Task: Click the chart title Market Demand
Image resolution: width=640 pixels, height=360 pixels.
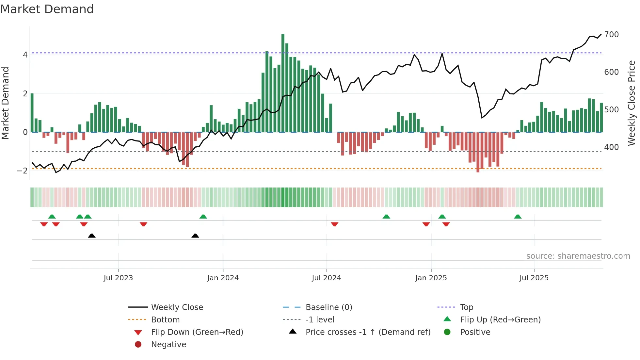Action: (47, 9)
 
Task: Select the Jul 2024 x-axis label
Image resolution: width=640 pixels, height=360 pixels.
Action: (326, 278)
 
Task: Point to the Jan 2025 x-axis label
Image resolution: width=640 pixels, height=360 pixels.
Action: (431, 278)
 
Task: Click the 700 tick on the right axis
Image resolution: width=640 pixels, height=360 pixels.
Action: (611, 35)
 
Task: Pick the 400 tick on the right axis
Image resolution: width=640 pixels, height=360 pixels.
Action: (611, 147)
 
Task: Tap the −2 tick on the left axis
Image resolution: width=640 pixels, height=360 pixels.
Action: (23, 171)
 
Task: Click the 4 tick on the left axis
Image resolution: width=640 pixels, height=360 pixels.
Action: (25, 55)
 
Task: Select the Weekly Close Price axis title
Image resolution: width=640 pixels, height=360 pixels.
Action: (632, 103)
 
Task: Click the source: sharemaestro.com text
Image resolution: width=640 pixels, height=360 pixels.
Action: (578, 256)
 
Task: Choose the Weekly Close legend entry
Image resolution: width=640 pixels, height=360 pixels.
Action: (177, 307)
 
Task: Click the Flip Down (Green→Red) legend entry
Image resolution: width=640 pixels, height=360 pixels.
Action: (197, 332)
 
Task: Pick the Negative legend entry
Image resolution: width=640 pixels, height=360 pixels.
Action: (168, 345)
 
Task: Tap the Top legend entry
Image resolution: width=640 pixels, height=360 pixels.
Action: (466, 307)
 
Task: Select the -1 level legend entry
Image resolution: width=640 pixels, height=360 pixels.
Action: (320, 320)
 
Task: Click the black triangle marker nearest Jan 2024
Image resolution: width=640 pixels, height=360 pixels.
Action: (195, 236)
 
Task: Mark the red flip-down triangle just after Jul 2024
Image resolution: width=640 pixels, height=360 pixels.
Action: (334, 224)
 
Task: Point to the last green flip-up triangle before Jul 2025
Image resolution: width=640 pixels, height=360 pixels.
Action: (518, 217)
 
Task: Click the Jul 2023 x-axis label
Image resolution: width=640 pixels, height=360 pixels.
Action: (118, 278)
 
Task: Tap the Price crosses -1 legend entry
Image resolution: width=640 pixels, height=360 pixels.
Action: (368, 332)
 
